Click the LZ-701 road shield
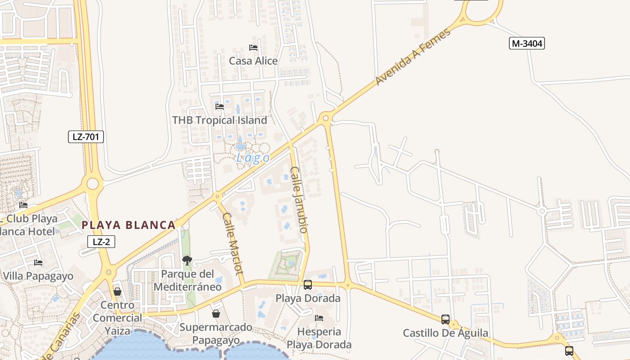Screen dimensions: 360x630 [x=86, y=137]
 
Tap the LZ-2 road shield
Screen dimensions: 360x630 [x=101, y=242]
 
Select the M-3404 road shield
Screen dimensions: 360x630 [x=527, y=43]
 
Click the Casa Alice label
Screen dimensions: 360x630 [x=253, y=61]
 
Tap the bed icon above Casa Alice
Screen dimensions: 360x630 [x=253, y=47]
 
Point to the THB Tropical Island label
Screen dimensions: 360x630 [x=220, y=120]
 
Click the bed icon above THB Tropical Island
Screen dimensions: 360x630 [x=220, y=107]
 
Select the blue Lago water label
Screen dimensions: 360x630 [x=253, y=158]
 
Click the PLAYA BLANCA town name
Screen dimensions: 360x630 [x=128, y=225]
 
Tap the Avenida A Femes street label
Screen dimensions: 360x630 [x=413, y=57]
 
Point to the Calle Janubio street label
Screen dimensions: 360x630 [x=299, y=199]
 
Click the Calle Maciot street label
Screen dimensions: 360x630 [x=233, y=243]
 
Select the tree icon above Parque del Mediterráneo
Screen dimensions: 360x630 [x=187, y=260]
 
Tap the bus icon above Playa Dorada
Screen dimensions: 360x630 [x=308, y=284]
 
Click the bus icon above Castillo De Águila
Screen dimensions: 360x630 [x=445, y=319]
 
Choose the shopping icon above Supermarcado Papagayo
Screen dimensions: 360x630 [x=216, y=313]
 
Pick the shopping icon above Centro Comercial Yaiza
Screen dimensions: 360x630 [x=117, y=292]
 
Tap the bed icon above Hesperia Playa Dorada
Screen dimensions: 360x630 [x=319, y=318]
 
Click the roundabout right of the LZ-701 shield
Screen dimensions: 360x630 [x=93, y=184]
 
